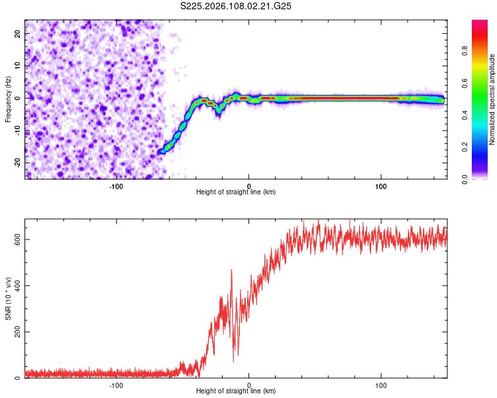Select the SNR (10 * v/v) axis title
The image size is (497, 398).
point(8,298)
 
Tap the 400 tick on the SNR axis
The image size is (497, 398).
point(16,286)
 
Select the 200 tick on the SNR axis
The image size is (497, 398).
point(16,332)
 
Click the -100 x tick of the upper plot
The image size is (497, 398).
point(116,186)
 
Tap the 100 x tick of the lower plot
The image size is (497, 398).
point(381,385)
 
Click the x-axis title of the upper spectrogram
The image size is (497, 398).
point(236,192)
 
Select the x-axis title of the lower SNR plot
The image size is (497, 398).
point(236,391)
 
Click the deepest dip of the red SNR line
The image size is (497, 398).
point(233,362)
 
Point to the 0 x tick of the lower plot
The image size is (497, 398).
point(248,385)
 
